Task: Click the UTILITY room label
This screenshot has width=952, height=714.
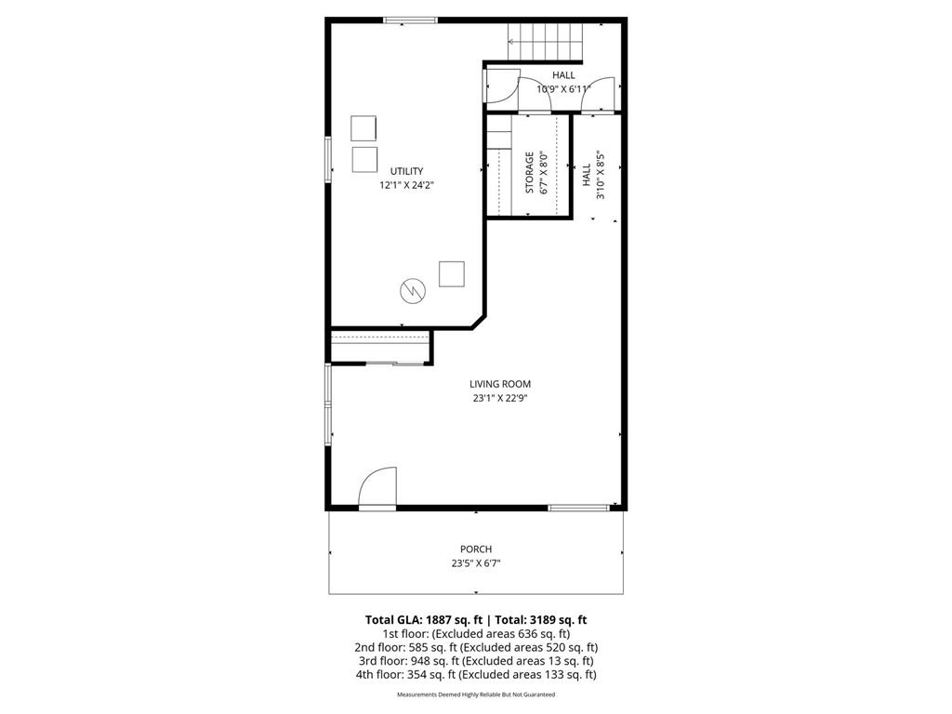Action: [406, 171]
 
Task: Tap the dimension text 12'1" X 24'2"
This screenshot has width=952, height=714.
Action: [406, 185]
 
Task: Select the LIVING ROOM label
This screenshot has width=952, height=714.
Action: [500, 384]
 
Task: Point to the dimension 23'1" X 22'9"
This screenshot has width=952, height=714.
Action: [500, 398]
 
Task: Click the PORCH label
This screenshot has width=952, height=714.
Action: [476, 549]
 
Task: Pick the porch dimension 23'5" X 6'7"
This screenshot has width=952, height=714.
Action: [476, 563]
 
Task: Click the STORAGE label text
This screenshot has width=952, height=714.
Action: [530, 172]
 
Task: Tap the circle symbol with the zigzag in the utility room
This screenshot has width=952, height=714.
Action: [411, 291]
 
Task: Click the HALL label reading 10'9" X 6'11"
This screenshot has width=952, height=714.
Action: [563, 83]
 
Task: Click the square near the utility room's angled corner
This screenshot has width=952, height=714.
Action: [452, 274]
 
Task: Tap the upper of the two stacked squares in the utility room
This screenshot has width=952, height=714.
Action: [364, 127]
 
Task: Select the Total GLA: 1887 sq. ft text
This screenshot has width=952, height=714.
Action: [421, 619]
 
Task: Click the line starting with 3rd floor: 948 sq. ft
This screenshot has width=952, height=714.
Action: [476, 661]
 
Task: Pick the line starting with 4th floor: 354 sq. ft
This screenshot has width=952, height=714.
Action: [476, 675]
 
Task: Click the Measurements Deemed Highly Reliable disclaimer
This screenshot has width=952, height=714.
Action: [476, 694]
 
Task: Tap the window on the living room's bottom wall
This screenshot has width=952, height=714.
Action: [578, 508]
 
